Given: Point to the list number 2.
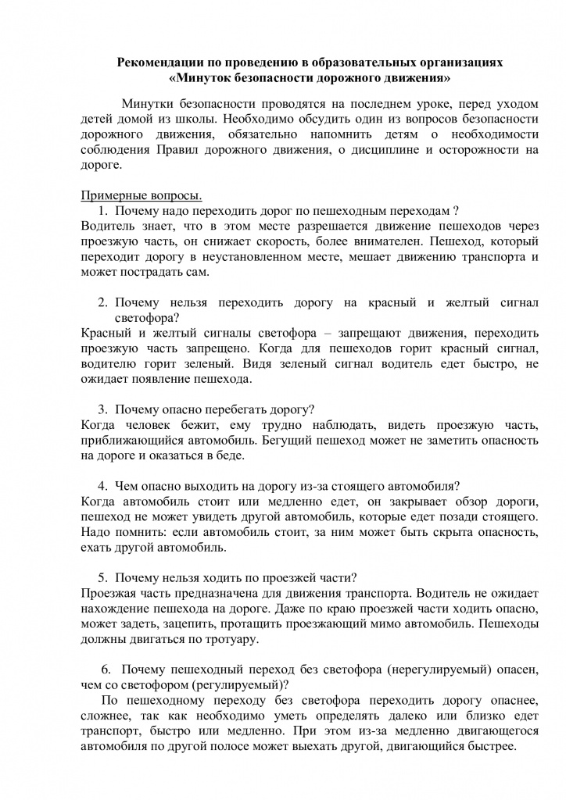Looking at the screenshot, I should (102, 302).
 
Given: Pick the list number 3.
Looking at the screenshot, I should (102, 409).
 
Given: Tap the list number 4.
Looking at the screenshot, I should (102, 484).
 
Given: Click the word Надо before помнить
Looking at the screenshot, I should (96, 531).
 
